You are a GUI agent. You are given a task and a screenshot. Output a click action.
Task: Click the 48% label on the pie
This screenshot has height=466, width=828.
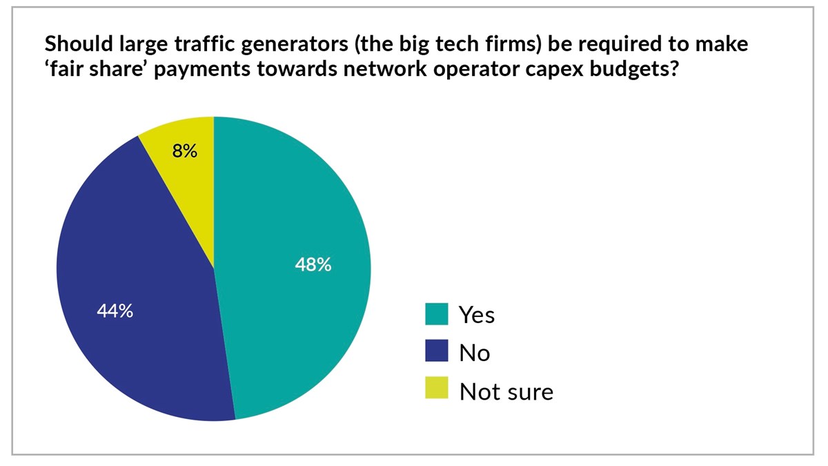point(313,264)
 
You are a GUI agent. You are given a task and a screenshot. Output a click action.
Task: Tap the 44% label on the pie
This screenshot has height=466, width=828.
point(115,311)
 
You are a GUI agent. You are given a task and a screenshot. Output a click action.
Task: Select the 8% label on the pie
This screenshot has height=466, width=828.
point(185,151)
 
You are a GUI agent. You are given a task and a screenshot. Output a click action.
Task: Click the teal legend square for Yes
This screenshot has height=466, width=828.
point(436,314)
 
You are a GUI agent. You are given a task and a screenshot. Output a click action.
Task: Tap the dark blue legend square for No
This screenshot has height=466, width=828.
point(436,352)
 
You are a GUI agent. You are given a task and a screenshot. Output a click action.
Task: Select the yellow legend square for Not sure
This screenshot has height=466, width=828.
point(436,391)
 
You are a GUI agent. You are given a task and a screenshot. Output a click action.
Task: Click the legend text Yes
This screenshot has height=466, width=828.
point(477,315)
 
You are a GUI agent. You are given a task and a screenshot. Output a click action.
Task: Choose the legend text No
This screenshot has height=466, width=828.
point(474,353)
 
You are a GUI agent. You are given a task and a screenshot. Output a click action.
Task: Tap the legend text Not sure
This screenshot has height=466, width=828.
point(506,392)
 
